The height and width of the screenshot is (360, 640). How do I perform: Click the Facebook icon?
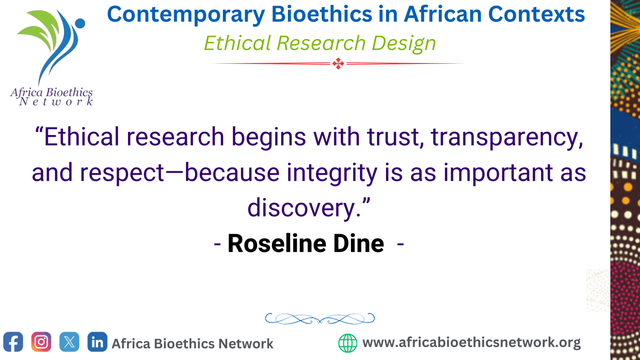click(x=13, y=342)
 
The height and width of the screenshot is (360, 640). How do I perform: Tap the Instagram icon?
click(x=41, y=342)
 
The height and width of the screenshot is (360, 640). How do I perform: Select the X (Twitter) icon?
click(x=69, y=342)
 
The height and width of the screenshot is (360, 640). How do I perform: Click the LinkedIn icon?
click(x=97, y=342)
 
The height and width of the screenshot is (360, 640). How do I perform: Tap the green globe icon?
click(x=348, y=343)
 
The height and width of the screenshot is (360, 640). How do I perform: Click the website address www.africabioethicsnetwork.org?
click(x=472, y=342)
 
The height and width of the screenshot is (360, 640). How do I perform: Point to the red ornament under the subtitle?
click(x=338, y=63)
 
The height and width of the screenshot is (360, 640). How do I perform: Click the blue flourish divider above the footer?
click(x=320, y=318)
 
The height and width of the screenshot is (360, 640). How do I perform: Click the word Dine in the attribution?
click(x=359, y=243)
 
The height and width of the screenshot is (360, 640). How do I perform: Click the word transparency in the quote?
click(x=507, y=137)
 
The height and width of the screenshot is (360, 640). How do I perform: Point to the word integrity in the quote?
click(x=332, y=173)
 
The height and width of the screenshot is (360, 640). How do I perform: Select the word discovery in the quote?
click(x=302, y=208)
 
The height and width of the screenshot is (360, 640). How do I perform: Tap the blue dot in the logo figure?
click(x=80, y=24)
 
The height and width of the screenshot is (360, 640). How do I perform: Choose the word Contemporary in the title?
click(x=186, y=15)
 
